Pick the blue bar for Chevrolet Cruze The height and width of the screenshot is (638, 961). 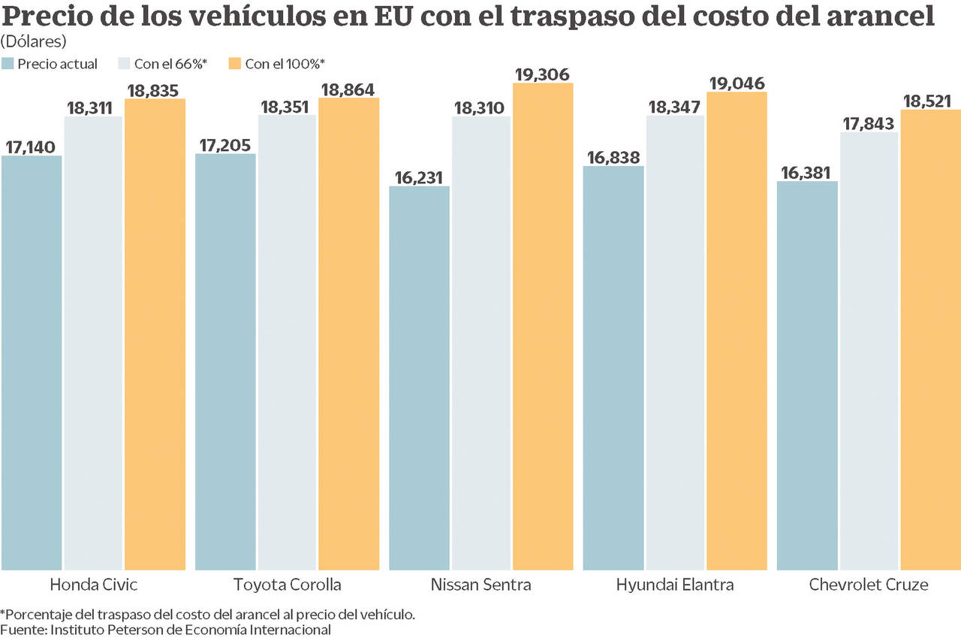807,375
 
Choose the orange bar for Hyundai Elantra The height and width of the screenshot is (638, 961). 737,331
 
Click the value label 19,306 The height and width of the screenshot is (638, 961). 543,74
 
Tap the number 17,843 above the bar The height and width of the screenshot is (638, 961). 869,122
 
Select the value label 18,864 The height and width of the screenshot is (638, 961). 348,89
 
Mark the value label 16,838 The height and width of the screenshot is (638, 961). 613,156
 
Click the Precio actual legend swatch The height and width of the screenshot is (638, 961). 8,64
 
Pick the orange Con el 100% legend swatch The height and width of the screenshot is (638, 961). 235,64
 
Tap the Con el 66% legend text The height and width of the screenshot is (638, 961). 170,64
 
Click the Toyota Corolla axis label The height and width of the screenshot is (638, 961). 287,585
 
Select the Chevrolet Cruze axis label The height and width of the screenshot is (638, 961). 869,585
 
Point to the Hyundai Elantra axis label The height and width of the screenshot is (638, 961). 675,585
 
